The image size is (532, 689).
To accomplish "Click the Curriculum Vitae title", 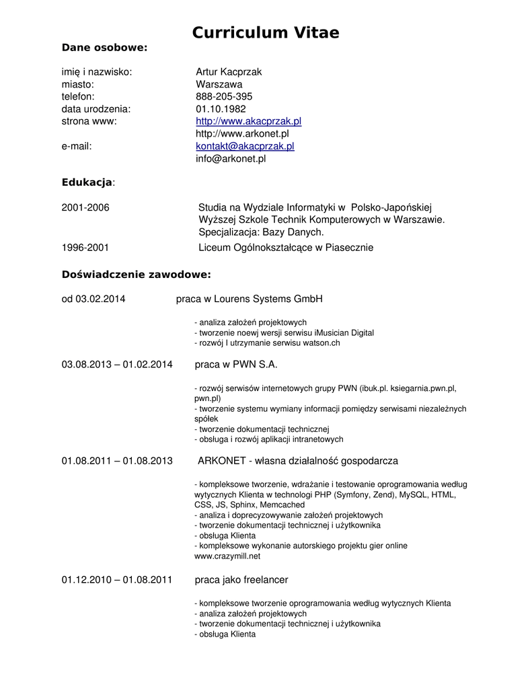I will (x=266, y=32).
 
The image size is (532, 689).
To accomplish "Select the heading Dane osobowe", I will (x=104, y=47).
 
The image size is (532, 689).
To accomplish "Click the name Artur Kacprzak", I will (x=229, y=72).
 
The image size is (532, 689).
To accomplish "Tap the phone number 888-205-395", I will (x=224, y=97).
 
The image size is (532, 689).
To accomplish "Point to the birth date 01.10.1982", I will (x=221, y=109).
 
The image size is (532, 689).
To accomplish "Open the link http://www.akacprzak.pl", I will (x=248, y=121).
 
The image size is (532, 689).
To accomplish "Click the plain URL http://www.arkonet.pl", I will (x=242, y=134).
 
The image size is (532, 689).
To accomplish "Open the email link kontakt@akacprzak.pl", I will (x=245, y=146).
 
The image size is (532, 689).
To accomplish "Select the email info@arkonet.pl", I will (x=231, y=159).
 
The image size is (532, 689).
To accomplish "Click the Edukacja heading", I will (x=87, y=182).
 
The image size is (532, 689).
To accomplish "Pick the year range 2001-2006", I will (x=85, y=207).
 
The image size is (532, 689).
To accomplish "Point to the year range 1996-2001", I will (x=85, y=248).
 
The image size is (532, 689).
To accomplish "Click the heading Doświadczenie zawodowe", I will (x=137, y=275).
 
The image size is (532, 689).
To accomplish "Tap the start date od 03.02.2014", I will (x=93, y=299).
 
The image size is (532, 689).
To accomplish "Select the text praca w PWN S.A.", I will (x=236, y=365).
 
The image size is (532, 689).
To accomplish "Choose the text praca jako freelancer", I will (x=241, y=579).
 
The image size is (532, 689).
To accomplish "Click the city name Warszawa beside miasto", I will (x=219, y=85).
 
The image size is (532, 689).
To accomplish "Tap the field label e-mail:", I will (x=77, y=146).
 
